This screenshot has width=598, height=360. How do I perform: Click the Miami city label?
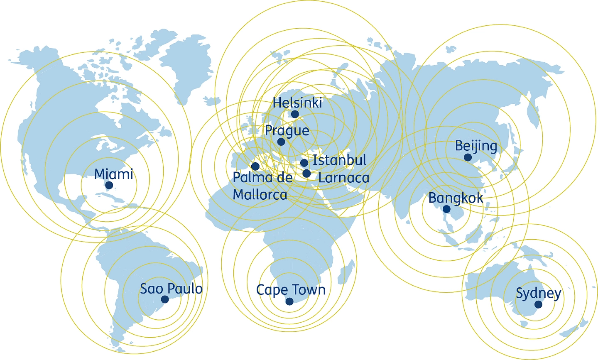point(113,174)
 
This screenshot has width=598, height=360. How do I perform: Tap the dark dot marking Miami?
point(109,185)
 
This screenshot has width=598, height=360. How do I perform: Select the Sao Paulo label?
point(171,289)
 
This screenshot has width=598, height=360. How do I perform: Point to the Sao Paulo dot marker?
point(165,299)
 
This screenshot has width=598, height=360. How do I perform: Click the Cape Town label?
point(291,290)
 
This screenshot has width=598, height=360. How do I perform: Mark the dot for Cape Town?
point(289,301)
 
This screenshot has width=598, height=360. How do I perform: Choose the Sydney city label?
point(538,294)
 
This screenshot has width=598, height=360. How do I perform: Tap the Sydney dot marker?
point(538,304)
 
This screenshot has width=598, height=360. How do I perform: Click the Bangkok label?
point(456,198)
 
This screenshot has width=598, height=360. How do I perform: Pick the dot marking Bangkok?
point(446,209)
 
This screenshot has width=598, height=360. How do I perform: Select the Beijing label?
point(476,146)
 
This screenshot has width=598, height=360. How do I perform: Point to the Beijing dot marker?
point(468,157)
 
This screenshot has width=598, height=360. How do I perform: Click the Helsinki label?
point(297,103)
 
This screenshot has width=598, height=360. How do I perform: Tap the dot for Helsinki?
point(295,114)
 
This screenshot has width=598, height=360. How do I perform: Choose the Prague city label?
point(287,131)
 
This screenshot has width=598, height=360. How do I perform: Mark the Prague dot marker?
point(281,142)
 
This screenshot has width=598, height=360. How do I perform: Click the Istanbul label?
point(339,160)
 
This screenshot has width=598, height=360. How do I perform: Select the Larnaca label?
point(343,178)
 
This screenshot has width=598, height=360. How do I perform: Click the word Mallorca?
point(260,194)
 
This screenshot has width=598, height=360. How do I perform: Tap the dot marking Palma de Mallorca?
point(255,167)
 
